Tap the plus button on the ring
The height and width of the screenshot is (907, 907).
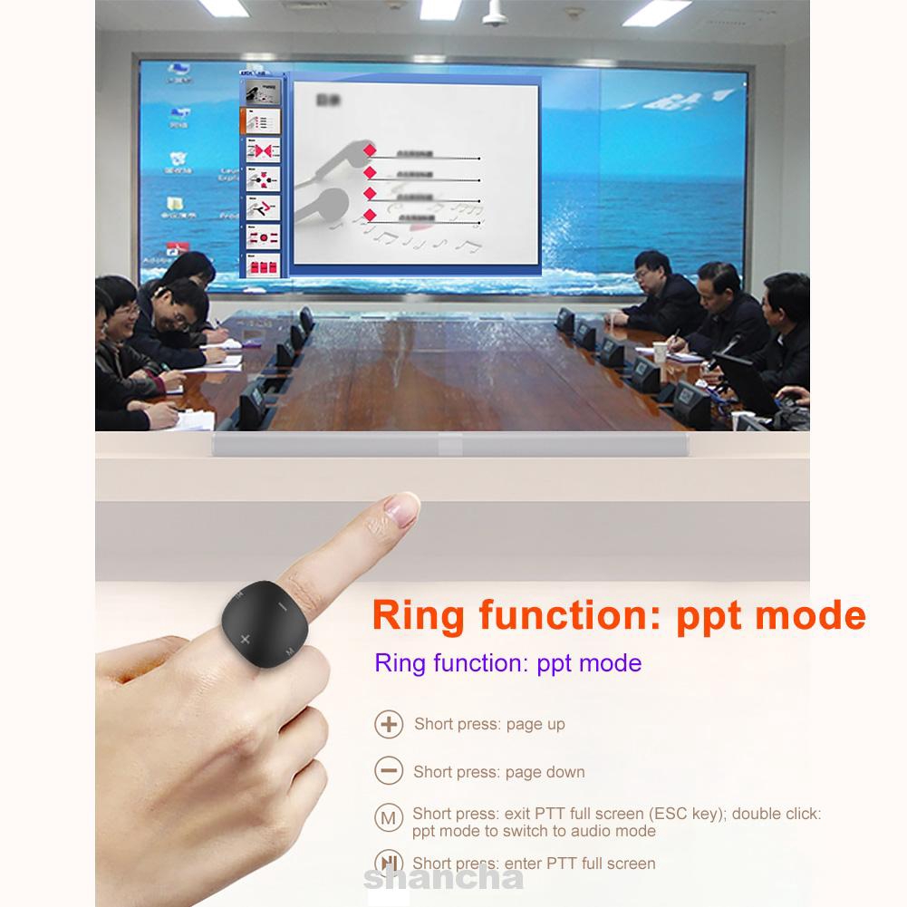(246, 641)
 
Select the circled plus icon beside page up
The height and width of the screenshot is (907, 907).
(389, 725)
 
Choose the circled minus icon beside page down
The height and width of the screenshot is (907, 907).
(389, 772)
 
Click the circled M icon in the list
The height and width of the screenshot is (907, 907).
(389, 819)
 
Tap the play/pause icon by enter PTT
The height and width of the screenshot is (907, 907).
(389, 864)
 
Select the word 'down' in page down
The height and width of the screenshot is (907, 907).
(566, 772)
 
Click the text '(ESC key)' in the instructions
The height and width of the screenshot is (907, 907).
(684, 814)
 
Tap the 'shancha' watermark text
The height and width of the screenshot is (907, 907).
(444, 878)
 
